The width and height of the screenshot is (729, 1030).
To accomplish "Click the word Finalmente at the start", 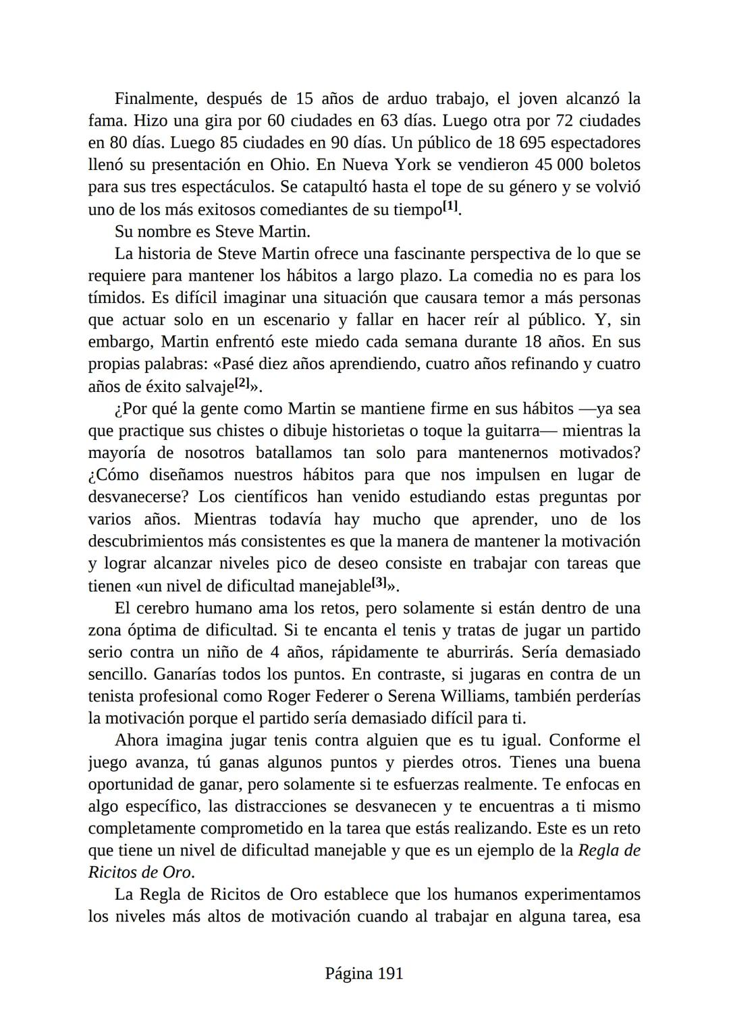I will (x=155, y=99).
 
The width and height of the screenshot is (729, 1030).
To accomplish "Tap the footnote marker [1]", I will (x=451, y=206).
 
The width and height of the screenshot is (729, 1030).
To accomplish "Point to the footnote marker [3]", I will (x=379, y=581).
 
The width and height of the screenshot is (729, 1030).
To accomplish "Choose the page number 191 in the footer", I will (x=390, y=973).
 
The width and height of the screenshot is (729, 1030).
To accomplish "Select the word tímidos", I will (x=112, y=298).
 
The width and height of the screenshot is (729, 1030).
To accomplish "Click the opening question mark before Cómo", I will (x=92, y=476).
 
